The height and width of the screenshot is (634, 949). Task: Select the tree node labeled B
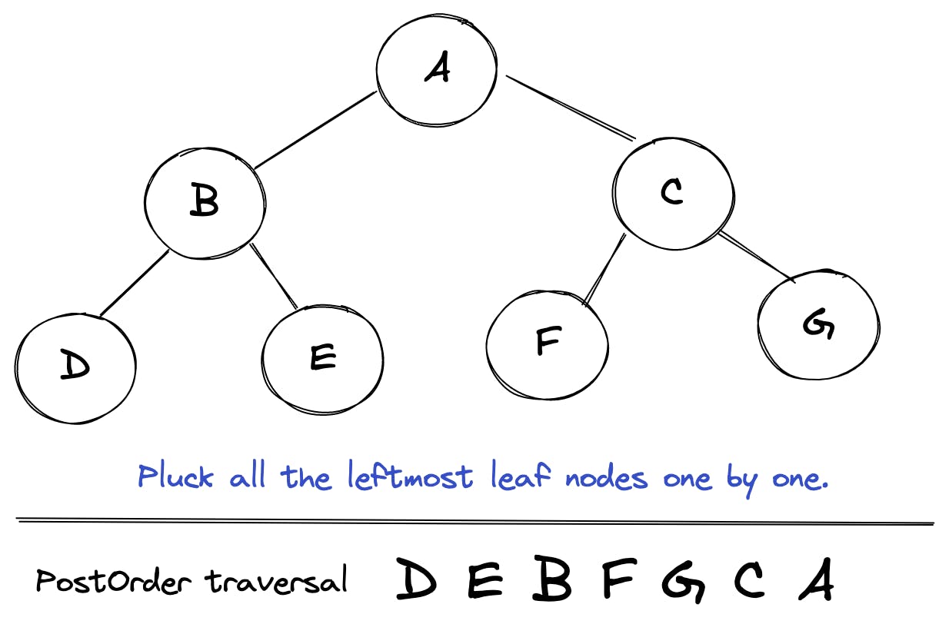click(205, 201)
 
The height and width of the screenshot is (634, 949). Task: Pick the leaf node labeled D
click(75, 366)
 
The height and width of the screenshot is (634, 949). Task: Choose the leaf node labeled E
click(322, 357)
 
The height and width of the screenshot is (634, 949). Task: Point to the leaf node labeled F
click(547, 343)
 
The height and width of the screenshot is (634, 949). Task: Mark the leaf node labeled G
click(818, 325)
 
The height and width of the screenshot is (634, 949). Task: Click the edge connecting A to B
click(315, 130)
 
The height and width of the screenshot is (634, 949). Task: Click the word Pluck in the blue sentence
click(175, 477)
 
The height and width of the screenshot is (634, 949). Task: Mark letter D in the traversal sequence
click(417, 580)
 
